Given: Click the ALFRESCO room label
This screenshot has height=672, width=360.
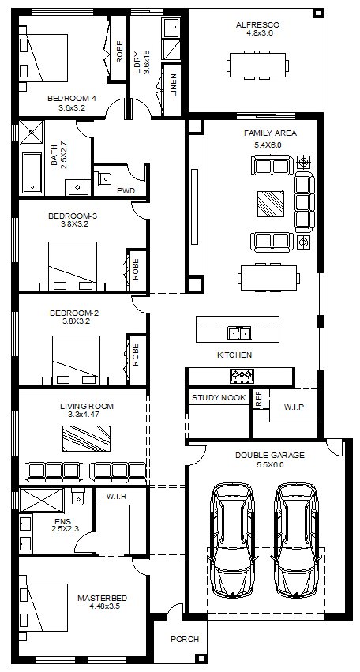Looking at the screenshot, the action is pos(257,24).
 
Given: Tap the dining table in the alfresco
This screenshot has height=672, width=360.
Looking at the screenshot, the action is pos(257,65).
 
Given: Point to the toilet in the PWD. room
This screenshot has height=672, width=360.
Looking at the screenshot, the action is pos(102,177).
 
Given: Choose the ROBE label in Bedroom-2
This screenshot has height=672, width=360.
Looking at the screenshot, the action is pos(136,355).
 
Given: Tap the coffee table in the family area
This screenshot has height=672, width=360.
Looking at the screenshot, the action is pos(271,204).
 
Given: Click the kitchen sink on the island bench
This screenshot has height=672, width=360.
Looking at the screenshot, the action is pos(239,332).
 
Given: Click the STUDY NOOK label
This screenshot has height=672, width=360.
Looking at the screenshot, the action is pos(219,398).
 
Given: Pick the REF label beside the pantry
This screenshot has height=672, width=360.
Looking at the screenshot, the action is pos(258,399).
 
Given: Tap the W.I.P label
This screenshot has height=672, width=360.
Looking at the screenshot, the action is pos(294,407).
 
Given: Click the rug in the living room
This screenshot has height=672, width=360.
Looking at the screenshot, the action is pos(87,438).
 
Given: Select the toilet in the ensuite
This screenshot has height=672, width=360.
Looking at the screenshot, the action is pos(78,495).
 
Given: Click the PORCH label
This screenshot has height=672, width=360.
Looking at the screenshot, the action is pos(186,639).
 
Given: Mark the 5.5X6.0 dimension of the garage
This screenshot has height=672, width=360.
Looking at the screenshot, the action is pos(270,464).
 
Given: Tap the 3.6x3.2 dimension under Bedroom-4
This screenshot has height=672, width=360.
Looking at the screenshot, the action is pos(72,107).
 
